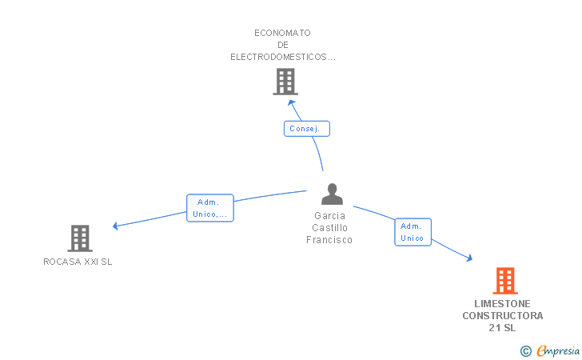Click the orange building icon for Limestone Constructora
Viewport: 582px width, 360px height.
tap(505, 281)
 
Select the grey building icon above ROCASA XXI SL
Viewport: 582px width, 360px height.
tap(80, 238)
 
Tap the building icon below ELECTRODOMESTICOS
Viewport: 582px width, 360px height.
tap(285, 82)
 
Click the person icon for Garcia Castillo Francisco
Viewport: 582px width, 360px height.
tap(333, 194)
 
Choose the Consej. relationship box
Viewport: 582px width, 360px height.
tap(307, 129)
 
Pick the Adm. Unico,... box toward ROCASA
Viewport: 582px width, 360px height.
tap(210, 208)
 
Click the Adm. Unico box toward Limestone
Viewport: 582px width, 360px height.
tap(413, 232)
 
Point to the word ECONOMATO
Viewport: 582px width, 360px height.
tap(282, 33)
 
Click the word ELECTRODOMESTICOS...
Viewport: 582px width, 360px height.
tap(278, 57)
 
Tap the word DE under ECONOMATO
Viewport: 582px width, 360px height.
tap(283, 45)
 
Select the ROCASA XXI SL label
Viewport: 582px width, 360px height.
tap(78, 262)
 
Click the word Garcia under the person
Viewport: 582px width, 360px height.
tap(329, 215)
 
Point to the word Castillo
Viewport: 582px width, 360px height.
tap(329, 228)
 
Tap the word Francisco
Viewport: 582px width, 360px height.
tap(329, 240)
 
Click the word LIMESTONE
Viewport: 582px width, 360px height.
tap(503, 303)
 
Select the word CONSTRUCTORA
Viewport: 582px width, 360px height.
tap(503, 315)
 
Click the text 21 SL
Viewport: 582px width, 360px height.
tap(502, 328)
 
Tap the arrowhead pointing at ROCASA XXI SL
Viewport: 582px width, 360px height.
tap(115, 226)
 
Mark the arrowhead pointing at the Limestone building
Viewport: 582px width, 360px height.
tap(469, 258)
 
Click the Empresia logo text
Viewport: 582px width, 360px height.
tap(558, 350)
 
